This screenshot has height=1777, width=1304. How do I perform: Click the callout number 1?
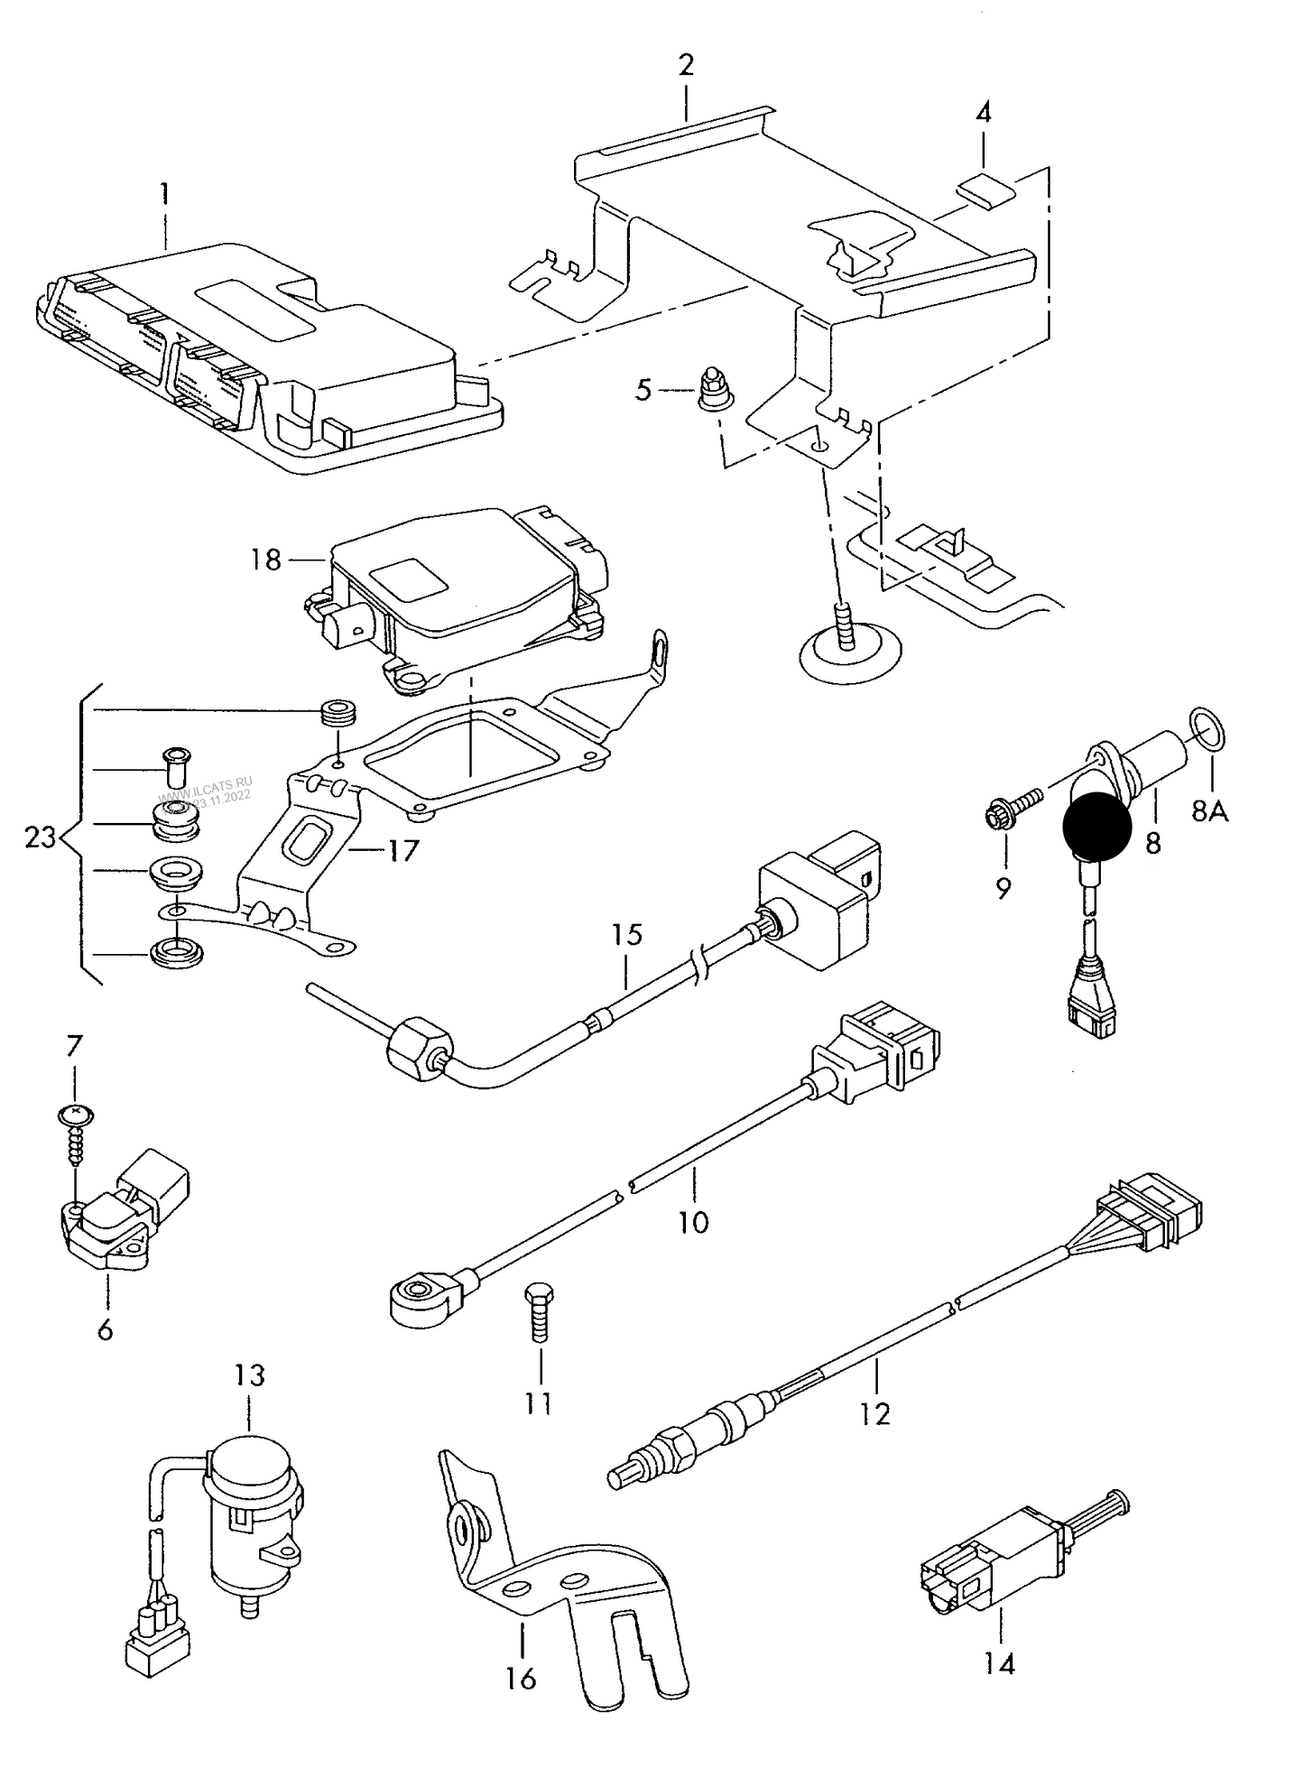(x=164, y=192)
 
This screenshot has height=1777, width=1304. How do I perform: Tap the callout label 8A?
(x=1209, y=811)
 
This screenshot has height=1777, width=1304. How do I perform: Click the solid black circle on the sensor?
(x=1096, y=824)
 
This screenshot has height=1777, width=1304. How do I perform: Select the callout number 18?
(x=266, y=560)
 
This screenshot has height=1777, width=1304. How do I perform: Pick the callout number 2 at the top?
(x=686, y=65)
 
